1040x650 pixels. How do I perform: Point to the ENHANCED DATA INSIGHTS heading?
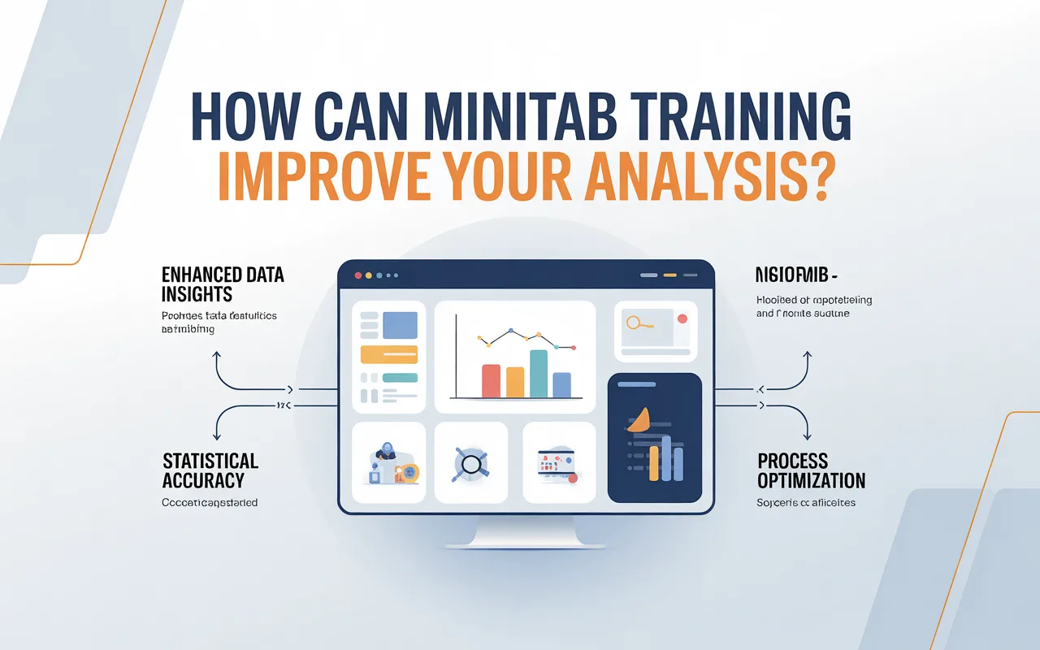pos(223,284)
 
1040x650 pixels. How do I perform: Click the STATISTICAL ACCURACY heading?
pos(210,471)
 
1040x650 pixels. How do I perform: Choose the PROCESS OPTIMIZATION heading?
pos(811,471)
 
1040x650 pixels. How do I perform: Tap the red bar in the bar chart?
pos(491,380)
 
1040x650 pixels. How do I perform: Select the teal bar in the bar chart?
pos(539,373)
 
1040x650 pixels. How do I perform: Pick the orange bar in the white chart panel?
pos(515,382)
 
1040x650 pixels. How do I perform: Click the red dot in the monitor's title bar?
pos(357,275)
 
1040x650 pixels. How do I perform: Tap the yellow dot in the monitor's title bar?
pos(368,275)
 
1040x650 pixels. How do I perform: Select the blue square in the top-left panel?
pos(400,325)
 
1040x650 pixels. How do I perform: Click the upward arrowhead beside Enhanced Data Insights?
pos(217,355)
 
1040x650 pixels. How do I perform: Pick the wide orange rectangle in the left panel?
pos(388,354)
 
